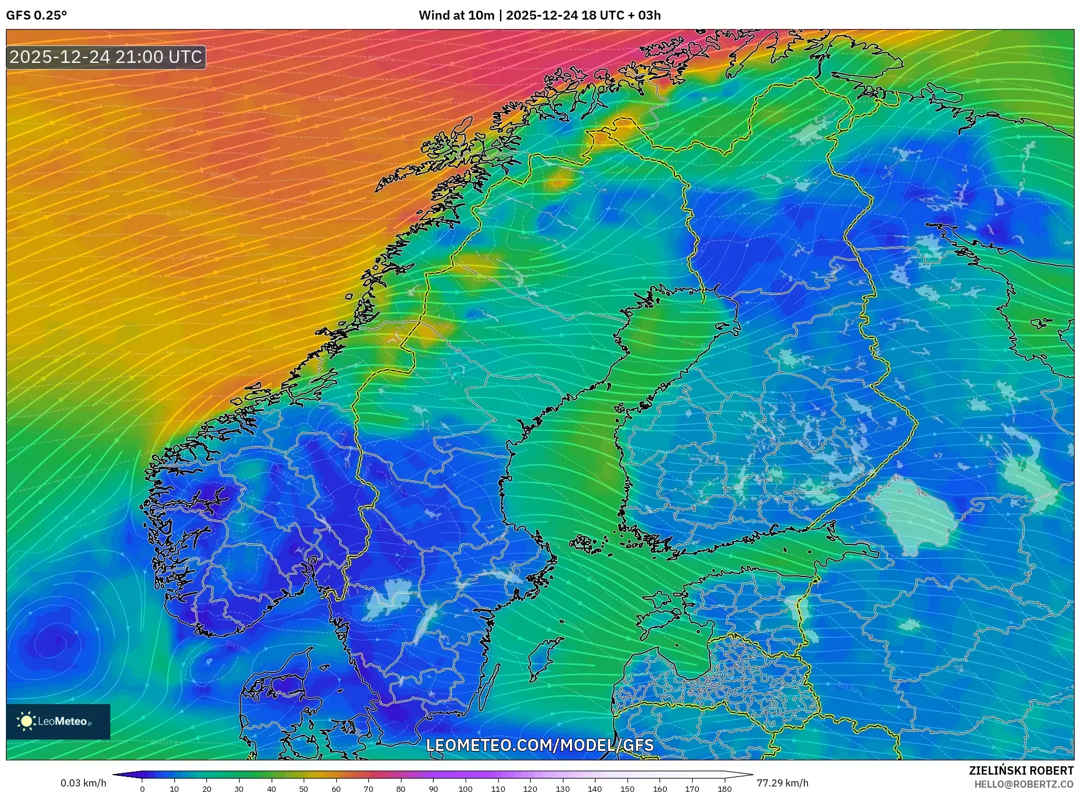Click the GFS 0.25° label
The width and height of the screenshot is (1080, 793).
coord(36,15)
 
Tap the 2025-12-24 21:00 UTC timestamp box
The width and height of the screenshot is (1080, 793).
coord(106,57)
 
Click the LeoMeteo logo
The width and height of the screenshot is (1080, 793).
coord(58,721)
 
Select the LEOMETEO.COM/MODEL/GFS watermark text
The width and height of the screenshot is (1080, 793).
coord(540,745)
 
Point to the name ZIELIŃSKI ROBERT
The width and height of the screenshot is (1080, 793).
coord(1021,770)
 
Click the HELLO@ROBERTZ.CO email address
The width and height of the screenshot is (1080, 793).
coord(1023,784)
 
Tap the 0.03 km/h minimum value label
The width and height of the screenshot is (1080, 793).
coord(84,783)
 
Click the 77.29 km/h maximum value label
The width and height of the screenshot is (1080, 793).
coord(782,783)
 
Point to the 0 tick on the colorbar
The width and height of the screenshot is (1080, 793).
coord(142,789)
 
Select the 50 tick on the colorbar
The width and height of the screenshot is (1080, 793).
coord(304,789)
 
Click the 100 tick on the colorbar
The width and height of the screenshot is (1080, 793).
coord(466,789)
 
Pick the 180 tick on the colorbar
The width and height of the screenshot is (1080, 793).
coord(724,789)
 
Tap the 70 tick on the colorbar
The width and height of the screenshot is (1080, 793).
coord(368,789)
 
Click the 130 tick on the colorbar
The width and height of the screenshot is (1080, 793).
coord(562,789)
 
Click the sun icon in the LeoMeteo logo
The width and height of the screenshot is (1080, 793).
coord(26,721)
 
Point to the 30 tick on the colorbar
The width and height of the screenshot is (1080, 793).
coord(239,789)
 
